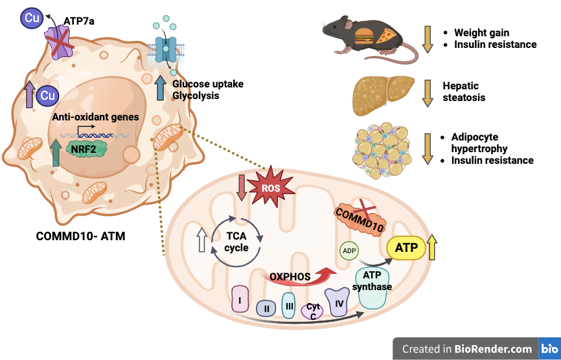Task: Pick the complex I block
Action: click(240, 300)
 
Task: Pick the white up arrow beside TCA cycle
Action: click(201, 240)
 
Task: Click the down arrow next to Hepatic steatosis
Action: click(427, 92)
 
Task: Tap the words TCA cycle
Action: click(236, 241)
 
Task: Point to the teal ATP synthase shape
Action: click(370, 289)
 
